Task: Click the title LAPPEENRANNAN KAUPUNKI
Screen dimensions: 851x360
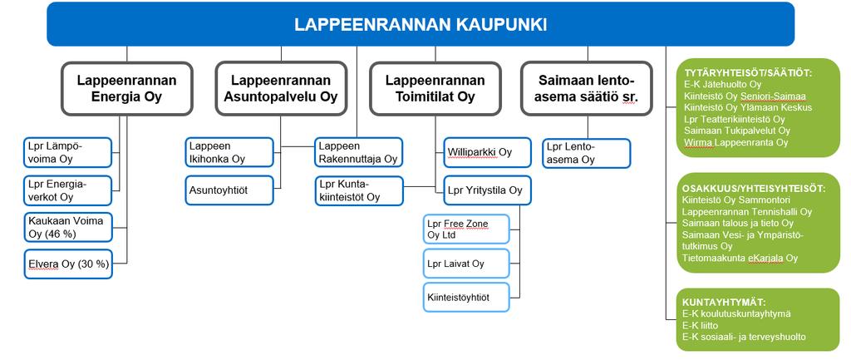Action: point(421,25)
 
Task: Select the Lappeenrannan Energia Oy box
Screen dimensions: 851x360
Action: point(127,88)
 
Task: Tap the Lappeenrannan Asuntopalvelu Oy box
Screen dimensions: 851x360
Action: point(281,88)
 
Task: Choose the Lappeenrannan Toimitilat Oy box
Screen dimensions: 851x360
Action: point(435,88)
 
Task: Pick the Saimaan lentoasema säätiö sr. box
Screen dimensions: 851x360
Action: point(587,88)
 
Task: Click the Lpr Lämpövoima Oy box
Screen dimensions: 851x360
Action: point(68,153)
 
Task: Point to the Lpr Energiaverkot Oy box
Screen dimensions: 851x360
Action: point(68,190)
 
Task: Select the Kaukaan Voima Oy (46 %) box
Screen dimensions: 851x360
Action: point(68,227)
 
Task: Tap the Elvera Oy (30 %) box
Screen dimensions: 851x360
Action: point(68,264)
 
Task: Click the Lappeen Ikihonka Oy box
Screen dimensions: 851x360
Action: point(229,153)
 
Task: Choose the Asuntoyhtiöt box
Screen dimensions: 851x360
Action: point(229,190)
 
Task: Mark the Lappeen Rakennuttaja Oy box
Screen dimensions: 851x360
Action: point(359,153)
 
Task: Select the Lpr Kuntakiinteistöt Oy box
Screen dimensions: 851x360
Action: point(359,190)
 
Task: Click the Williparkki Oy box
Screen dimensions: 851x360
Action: point(487,153)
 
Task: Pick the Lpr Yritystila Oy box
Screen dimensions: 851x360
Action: point(487,190)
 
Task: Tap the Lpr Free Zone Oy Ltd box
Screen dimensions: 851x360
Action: point(466,229)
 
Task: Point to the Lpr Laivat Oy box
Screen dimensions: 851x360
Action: point(466,264)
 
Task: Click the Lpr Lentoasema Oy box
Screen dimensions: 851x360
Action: point(587,154)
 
